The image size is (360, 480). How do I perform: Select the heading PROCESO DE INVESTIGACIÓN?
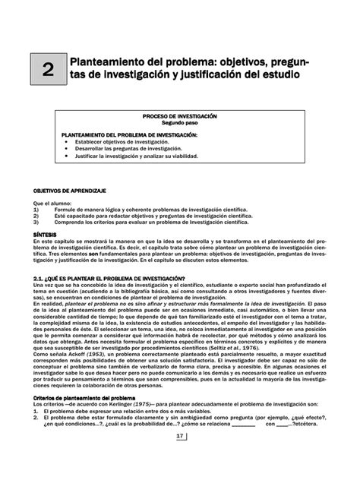coord(179,116)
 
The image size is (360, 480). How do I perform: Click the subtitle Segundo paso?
coord(179,122)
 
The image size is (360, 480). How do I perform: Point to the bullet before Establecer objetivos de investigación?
coord(67,141)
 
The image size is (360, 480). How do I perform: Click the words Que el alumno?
coord(51,204)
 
